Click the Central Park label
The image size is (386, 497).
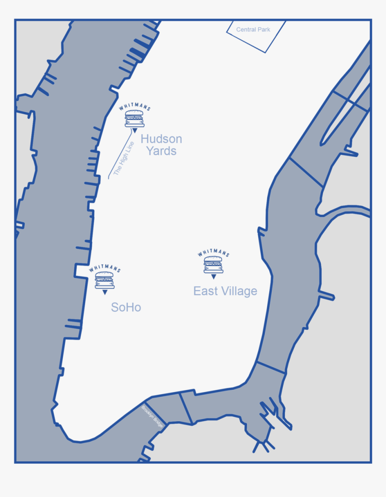point(253,30)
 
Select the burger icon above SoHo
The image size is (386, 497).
point(105,280)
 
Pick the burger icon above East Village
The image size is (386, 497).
point(213,265)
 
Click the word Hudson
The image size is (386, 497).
point(161,139)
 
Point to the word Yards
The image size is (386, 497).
point(161,151)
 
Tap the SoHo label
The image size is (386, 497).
point(126,307)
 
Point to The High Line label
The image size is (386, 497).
point(124,158)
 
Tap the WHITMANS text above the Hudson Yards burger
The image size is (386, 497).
point(134,108)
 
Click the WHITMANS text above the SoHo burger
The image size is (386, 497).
point(105,269)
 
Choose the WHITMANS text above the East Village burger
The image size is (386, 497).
point(213,254)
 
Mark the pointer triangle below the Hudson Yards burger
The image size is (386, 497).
point(134,131)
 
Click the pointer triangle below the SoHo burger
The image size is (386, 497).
point(105,292)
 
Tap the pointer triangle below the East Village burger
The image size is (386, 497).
point(214,276)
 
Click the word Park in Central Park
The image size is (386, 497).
point(263,30)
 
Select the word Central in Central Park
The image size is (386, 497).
point(246,30)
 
